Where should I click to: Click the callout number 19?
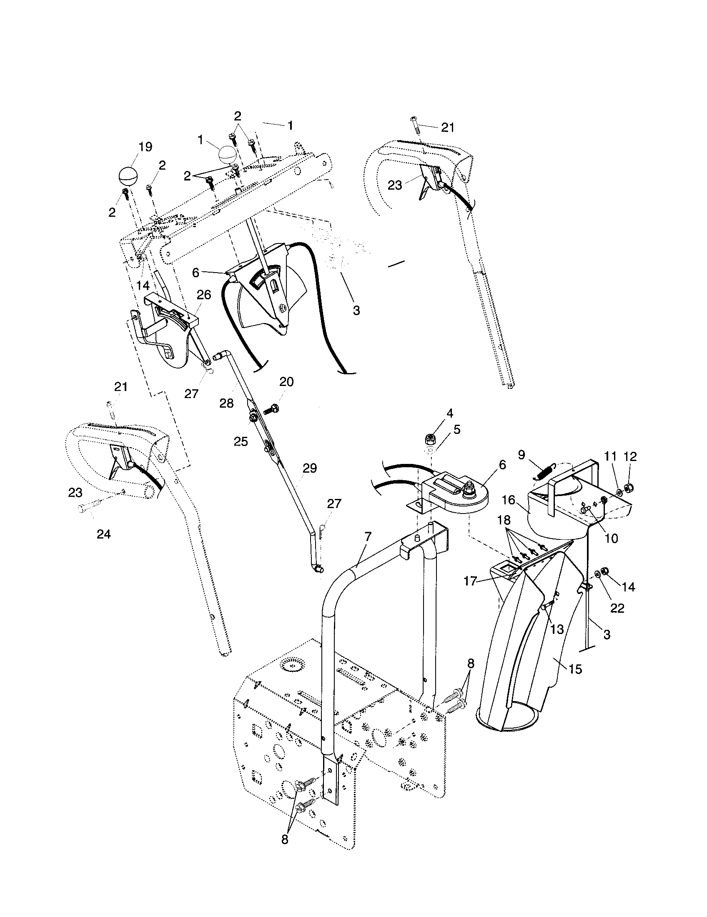tap(145, 147)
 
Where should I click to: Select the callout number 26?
tap(204, 295)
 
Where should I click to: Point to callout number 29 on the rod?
tap(310, 468)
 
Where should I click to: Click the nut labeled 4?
tap(429, 439)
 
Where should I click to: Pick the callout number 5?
tap(457, 429)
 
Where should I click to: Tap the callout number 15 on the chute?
tap(576, 669)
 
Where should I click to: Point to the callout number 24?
tap(104, 534)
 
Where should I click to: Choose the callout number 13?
tap(557, 629)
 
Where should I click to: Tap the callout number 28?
tap(226, 403)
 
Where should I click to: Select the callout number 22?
tap(617, 608)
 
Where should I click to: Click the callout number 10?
tap(612, 538)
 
